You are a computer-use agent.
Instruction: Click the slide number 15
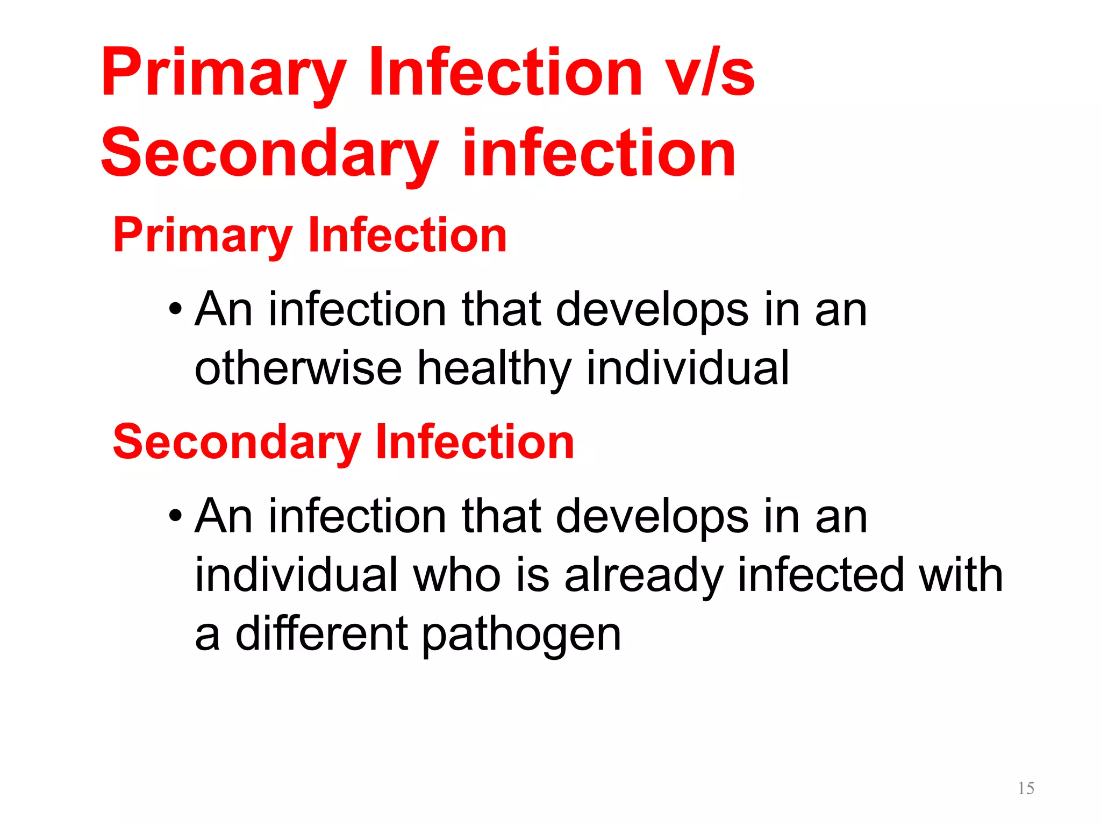(1026, 788)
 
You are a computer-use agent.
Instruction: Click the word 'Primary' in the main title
(224, 73)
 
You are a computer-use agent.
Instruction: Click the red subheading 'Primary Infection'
(310, 235)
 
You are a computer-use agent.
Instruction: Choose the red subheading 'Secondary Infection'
(344, 442)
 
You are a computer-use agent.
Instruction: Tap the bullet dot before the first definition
(175, 310)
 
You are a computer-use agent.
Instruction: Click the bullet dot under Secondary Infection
(175, 517)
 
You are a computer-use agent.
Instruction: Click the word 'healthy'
(494, 368)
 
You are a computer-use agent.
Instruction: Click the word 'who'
(457, 575)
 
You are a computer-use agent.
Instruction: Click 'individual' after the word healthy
(688, 368)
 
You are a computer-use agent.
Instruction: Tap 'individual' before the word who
(296, 575)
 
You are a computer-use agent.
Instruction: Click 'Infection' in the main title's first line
(505, 73)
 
